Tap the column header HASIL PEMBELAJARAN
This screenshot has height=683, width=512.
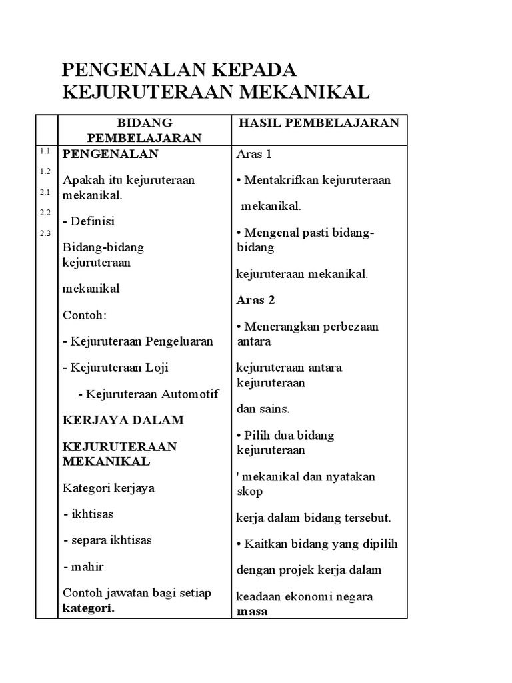(318, 123)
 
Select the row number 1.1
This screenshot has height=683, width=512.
(45, 151)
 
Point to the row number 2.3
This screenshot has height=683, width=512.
(45, 233)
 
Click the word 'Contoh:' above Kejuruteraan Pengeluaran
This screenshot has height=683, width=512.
(85, 314)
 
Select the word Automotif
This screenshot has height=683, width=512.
(189, 394)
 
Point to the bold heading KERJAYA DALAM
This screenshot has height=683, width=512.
(123, 420)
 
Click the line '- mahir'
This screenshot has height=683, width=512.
(83, 567)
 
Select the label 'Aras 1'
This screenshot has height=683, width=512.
(255, 154)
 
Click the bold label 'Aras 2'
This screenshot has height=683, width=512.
(256, 300)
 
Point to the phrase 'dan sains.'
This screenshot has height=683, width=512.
(263, 408)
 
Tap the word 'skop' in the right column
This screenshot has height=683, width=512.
(250, 491)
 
